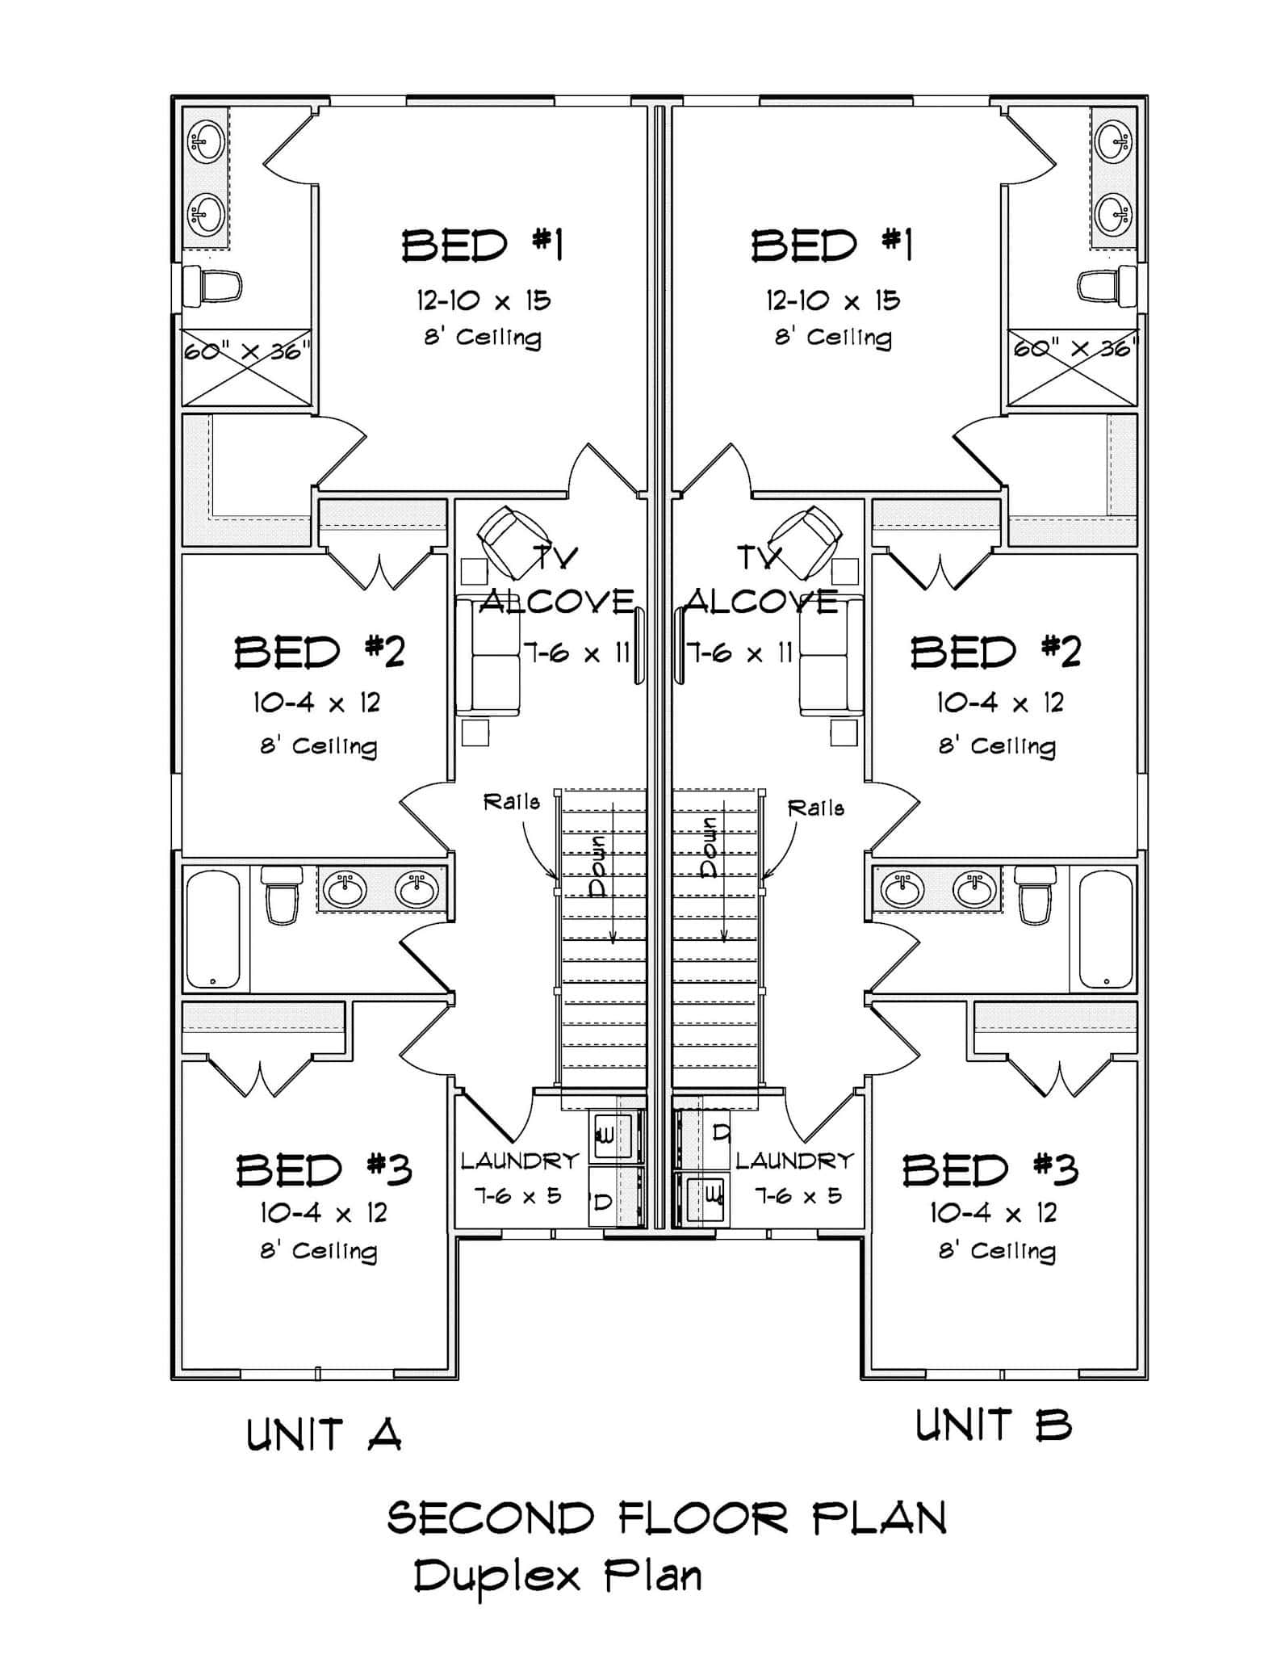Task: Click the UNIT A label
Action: tap(324, 1435)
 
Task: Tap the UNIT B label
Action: tap(993, 1425)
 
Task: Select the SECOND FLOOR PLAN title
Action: tap(667, 1518)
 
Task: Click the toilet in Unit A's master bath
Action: tap(212, 286)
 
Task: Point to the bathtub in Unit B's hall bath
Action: tap(1106, 929)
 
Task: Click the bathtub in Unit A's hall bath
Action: tap(213, 929)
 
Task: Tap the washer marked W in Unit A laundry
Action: tap(605, 1136)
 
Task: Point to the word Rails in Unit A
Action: tap(511, 802)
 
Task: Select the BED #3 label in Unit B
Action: tap(990, 1169)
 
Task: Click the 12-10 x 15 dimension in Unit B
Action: tap(832, 300)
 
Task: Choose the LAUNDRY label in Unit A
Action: tap(520, 1161)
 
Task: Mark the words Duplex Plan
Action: tap(557, 1576)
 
